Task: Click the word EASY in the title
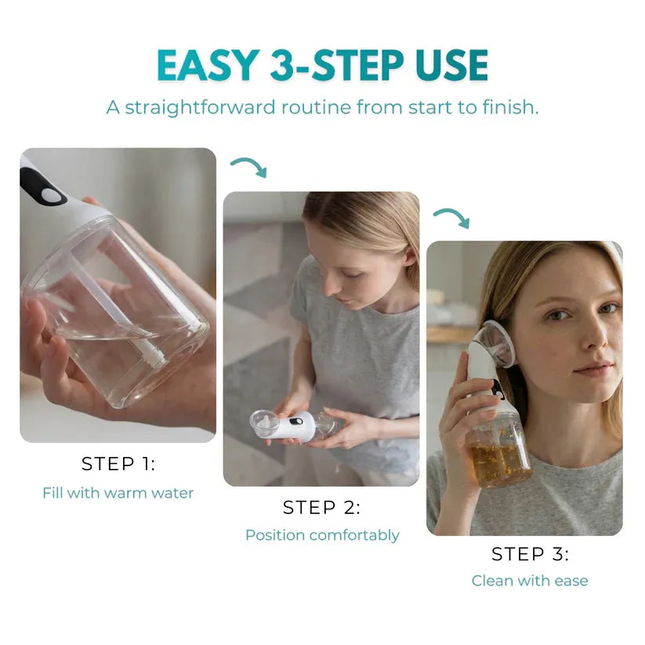click(x=207, y=66)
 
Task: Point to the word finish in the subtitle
click(x=509, y=107)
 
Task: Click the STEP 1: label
click(x=118, y=464)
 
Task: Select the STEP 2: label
click(x=321, y=508)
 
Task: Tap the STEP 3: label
click(x=530, y=554)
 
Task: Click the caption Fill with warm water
click(x=118, y=493)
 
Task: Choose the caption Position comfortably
click(x=322, y=535)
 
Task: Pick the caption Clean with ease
click(x=530, y=581)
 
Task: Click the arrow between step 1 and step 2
click(x=248, y=167)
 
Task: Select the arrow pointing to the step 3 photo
click(x=451, y=217)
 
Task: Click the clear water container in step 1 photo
click(x=118, y=313)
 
